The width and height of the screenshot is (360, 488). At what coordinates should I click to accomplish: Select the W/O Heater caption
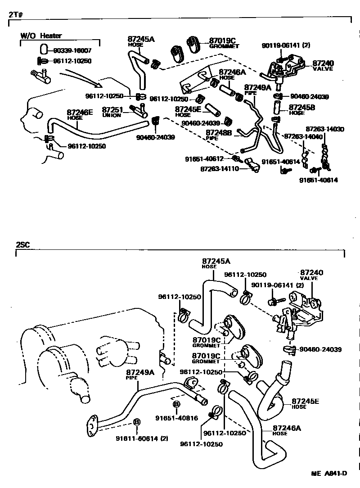[x=41, y=36]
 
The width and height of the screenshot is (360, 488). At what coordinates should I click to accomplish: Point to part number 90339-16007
[x=72, y=50]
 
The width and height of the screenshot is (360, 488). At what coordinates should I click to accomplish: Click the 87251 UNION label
[x=112, y=112]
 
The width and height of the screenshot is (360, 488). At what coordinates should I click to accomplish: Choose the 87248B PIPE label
[x=218, y=135]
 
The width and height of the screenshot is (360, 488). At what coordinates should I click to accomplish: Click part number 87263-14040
[x=303, y=136]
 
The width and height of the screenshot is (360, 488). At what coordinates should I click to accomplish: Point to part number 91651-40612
[x=210, y=159]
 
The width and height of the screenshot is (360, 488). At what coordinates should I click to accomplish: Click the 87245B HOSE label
[x=301, y=109]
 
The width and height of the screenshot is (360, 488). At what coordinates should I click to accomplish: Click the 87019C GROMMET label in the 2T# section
[x=224, y=42]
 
